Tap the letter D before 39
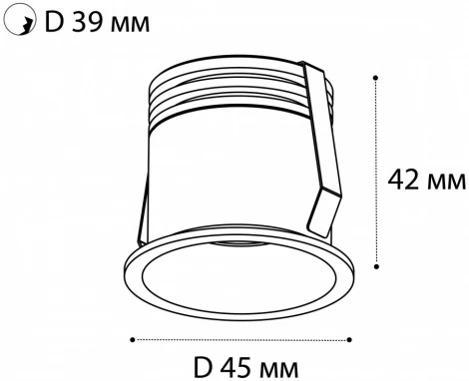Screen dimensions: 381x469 [49, 21]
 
